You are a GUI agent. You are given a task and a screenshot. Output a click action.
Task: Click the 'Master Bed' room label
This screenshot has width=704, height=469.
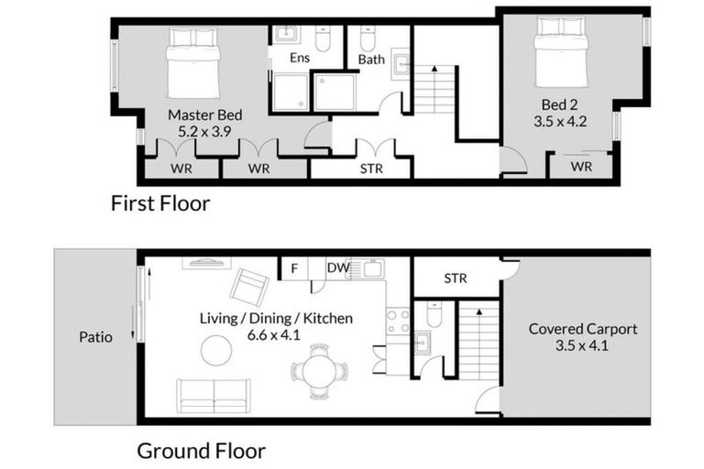coord(204,115)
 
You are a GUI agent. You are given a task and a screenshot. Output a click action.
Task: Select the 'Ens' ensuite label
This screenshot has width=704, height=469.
coord(299,58)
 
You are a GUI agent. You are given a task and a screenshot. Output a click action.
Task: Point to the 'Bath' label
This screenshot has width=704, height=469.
coord(371,60)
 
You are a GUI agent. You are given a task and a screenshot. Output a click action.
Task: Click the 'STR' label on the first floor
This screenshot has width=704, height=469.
coord(371,169)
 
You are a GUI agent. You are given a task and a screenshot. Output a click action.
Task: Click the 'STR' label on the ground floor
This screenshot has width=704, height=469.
coord(456,277)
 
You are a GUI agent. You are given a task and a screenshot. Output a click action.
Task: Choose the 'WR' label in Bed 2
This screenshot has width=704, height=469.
coord(581,167)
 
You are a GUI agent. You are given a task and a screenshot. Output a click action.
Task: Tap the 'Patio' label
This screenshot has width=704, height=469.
coord(95,337)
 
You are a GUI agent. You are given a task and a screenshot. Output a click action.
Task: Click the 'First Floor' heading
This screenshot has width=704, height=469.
coord(160,203)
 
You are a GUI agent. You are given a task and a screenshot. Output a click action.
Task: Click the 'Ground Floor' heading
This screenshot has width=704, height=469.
coord(201,451)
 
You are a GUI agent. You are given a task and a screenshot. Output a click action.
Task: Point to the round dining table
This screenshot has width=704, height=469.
coord(320,371)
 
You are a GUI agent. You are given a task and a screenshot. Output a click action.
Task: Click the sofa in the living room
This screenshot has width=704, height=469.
coord(214,395)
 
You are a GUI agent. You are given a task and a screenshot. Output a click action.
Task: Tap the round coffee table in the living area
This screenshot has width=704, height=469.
coord(217,350)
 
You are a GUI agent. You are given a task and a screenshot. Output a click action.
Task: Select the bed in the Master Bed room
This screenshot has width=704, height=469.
coord(192,67)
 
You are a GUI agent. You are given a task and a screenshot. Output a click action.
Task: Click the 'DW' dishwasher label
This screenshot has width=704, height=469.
coord(337,268)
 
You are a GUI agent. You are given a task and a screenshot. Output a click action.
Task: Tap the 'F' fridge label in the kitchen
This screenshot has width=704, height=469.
coord(293,268)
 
